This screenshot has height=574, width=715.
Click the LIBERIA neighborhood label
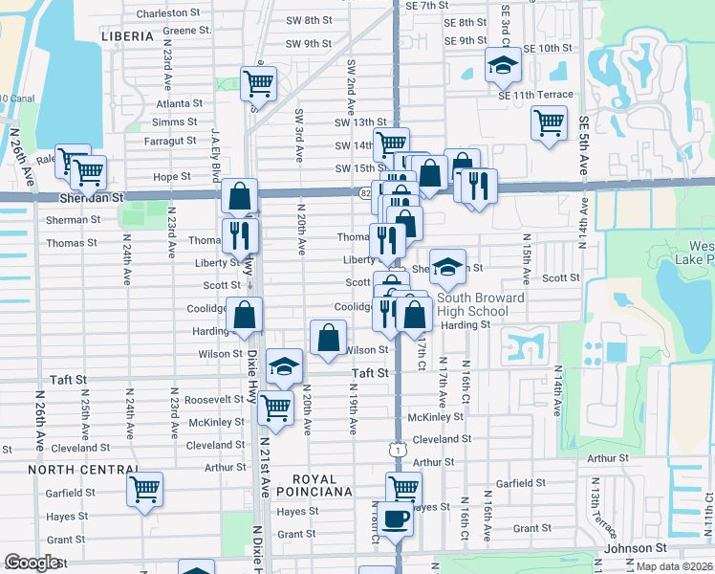coord(126,36)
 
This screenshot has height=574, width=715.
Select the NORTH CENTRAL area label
coord(84,470)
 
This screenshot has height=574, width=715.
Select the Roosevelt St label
coord(214,400)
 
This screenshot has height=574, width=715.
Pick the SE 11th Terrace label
coord(535,95)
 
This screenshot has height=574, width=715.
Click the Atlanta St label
coord(180,103)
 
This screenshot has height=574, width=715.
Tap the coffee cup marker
coord(395,519)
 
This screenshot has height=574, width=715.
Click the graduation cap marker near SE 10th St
coord(503,65)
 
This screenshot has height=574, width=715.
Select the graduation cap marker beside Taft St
coord(283,366)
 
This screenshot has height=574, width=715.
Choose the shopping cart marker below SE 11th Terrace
coord(549,122)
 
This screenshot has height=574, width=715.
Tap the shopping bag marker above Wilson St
coord(328,338)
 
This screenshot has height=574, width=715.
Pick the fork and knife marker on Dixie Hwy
coord(240,236)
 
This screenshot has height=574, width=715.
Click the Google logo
coord(32,563)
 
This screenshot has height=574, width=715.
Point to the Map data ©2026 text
coord(675,566)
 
